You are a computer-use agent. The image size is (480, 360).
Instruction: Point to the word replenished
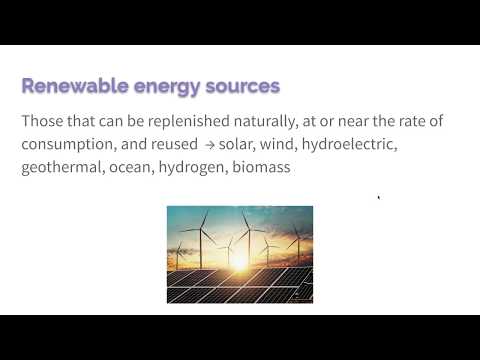click(x=192, y=122)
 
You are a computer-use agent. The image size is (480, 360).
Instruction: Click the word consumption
click(x=66, y=145)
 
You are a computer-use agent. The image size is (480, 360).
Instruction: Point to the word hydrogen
click(x=196, y=168)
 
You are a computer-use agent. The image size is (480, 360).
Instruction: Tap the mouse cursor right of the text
click(x=378, y=198)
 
